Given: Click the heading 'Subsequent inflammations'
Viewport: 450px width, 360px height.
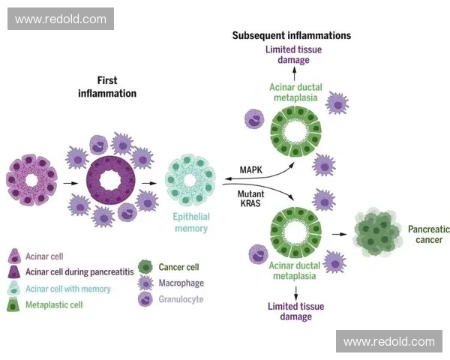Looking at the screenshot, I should coord(291,35).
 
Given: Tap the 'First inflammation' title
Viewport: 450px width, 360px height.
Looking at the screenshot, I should coord(107,87).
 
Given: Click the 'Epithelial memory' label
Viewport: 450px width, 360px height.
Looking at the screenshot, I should coord(192,223).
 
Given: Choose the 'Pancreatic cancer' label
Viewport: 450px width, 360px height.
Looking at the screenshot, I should coord(424,234).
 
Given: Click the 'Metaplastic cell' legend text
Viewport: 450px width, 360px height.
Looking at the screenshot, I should coord(55,304).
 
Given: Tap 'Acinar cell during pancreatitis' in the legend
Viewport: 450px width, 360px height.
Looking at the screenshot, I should coord(80,272).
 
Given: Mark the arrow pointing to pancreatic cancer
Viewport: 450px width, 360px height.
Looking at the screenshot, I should coord(340,235).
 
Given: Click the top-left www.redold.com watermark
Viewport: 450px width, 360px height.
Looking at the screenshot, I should coord(61,19).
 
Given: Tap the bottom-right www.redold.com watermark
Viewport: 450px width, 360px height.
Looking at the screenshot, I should coord(388,342).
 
